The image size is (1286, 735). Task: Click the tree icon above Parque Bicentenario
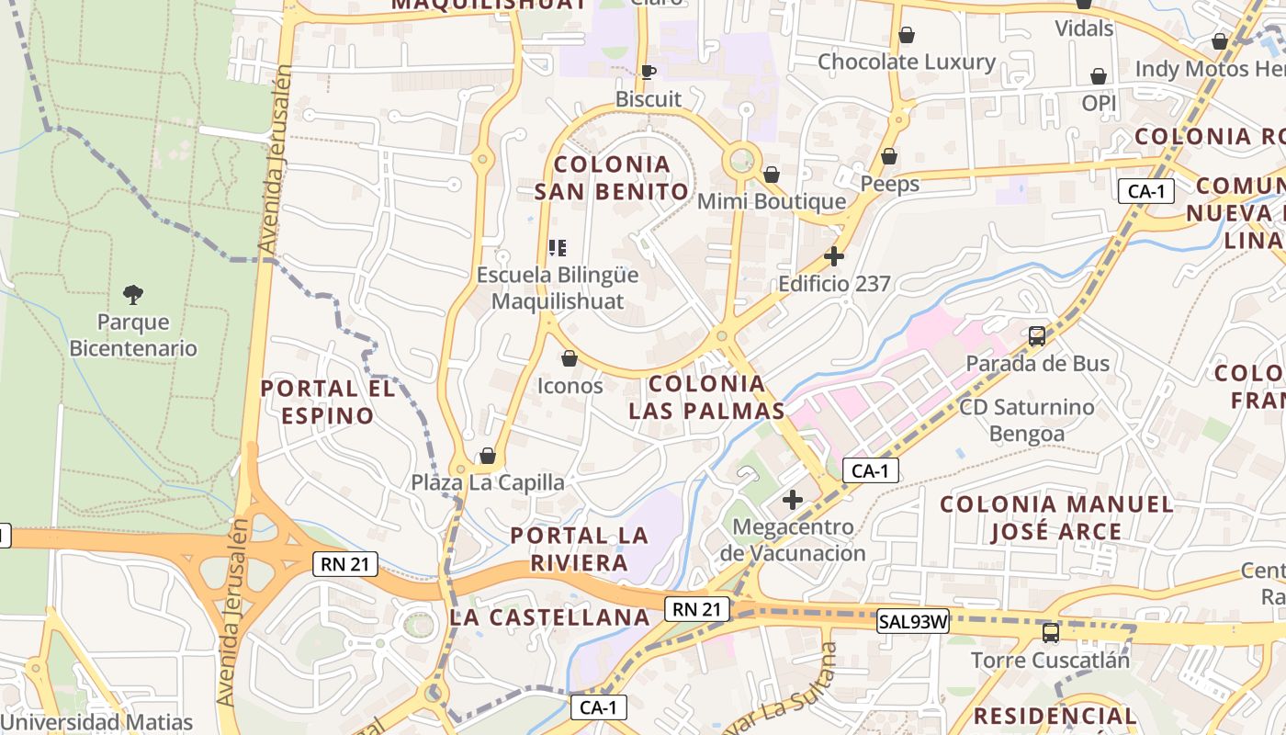tap(133, 295)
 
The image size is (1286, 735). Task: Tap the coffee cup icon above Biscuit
tap(649, 72)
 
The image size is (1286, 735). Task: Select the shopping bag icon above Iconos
tap(570, 358)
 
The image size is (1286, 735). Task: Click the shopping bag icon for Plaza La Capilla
tap(488, 457)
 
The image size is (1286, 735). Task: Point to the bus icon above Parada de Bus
tap(1037, 336)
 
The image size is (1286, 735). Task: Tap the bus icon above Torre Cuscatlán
tap(1051, 633)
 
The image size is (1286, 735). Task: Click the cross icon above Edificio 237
tap(834, 256)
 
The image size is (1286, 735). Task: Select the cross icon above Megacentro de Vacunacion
tap(793, 500)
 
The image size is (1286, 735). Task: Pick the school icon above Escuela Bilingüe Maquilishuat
tap(558, 248)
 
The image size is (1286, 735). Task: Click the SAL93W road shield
tap(913, 621)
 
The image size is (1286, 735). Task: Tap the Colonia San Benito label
tap(612, 178)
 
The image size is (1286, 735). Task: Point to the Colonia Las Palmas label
tap(707, 397)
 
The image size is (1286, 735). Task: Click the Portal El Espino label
tap(328, 402)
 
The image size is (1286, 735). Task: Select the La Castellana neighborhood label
tap(550, 617)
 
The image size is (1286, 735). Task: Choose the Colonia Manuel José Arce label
tap(1056, 517)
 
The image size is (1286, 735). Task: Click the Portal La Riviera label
tap(580, 548)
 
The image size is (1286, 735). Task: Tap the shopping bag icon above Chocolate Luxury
tap(907, 35)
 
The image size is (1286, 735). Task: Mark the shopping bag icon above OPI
tap(1099, 76)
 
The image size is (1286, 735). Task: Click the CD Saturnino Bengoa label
tap(1027, 420)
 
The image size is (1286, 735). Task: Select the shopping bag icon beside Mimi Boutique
tap(772, 175)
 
